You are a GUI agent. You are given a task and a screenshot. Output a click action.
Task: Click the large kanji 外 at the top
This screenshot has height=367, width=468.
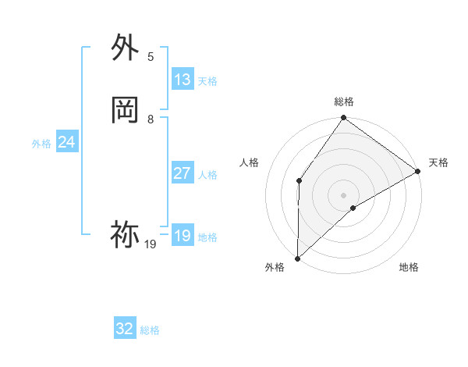(x=125, y=48)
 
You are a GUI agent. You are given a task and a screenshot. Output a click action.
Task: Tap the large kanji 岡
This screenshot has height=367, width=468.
(x=125, y=110)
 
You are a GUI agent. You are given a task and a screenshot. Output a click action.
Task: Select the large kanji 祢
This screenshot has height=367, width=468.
(x=125, y=233)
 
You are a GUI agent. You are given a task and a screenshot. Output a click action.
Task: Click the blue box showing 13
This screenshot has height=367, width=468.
(x=183, y=80)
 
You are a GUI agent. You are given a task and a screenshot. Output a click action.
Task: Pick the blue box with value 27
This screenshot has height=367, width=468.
(x=183, y=173)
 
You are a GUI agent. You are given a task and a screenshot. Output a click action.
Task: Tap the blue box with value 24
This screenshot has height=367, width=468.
(x=67, y=142)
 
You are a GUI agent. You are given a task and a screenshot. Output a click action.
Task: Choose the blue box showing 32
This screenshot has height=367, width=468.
(x=125, y=329)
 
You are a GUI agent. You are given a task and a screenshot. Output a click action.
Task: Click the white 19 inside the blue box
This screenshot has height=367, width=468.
(x=183, y=236)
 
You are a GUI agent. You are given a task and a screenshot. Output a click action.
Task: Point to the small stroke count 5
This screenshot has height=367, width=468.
(x=151, y=57)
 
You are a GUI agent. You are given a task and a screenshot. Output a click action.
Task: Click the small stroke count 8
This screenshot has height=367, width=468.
(x=151, y=119)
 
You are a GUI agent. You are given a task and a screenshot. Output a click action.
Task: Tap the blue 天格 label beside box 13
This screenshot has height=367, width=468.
(x=207, y=81)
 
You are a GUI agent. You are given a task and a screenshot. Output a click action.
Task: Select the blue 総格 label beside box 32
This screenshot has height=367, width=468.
(x=150, y=330)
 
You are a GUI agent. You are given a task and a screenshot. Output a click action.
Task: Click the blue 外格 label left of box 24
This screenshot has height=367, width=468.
(x=41, y=144)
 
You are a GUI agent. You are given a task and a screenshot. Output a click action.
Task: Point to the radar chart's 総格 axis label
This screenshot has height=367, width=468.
(x=343, y=102)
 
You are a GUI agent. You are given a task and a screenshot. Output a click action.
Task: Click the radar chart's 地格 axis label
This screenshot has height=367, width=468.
(x=409, y=268)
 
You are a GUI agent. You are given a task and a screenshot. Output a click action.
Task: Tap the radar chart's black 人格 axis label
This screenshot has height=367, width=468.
(x=250, y=162)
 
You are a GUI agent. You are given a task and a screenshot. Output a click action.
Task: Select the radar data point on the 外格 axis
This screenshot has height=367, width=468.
(x=297, y=258)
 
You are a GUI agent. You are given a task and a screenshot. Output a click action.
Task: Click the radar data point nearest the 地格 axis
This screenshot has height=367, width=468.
(x=353, y=208)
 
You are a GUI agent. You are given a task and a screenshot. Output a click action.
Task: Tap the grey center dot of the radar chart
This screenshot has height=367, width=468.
(x=343, y=194)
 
